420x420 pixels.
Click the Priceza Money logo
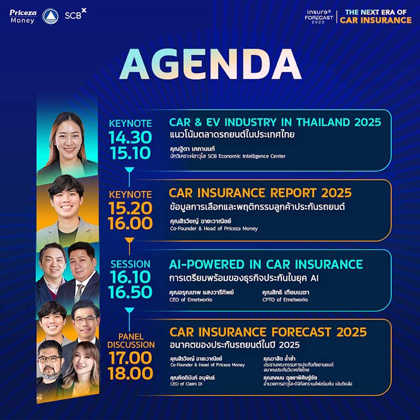pyautogui.click(x=23, y=16)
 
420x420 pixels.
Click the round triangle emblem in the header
pyautogui.click(x=50, y=16)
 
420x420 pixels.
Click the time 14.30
pyautogui.click(x=130, y=138)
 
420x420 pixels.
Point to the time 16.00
pyautogui.click(x=130, y=223)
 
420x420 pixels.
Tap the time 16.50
pyautogui.click(x=130, y=292)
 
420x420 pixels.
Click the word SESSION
pyautogui.click(x=130, y=264)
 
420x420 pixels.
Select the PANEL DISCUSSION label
pyautogui.click(x=131, y=340)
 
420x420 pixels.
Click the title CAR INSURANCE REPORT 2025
pyautogui.click(x=260, y=193)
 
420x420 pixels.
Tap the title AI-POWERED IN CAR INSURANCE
pyautogui.click(x=266, y=264)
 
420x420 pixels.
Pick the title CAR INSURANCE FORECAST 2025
pyautogui.click(x=268, y=332)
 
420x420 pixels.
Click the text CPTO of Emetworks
pyautogui.click(x=285, y=300)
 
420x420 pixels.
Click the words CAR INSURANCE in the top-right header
pyautogui.click(x=375, y=20)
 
